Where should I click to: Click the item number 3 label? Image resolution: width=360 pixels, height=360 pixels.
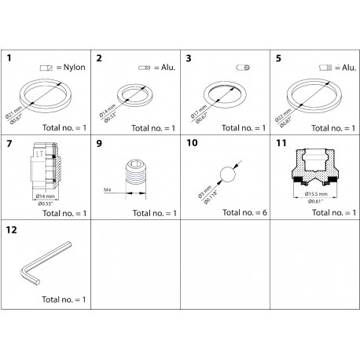[189, 58]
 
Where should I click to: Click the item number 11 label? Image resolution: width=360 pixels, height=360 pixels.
[281, 145]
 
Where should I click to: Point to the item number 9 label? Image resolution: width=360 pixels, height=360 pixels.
[100, 145]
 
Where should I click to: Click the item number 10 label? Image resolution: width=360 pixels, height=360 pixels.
[192, 145]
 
